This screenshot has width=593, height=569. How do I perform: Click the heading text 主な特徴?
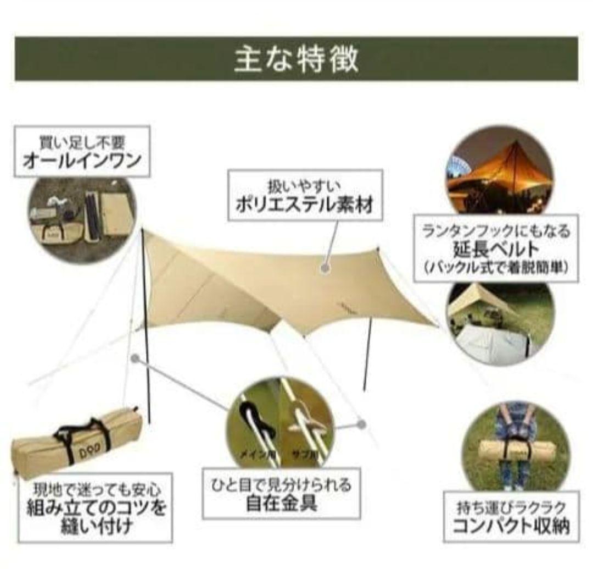296,59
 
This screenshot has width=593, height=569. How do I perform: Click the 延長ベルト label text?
496,249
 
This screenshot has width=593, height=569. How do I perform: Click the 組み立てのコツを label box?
96,508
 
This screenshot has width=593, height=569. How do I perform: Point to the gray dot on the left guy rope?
135,358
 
